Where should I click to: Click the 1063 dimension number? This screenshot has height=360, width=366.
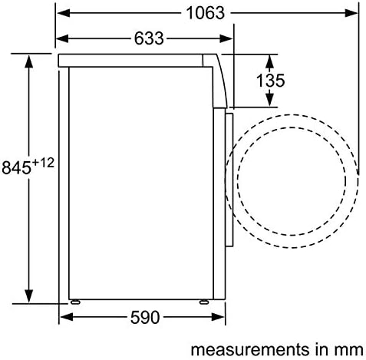pyautogui.click(x=206, y=13)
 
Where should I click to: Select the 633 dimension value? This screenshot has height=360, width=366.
pyautogui.click(x=149, y=38)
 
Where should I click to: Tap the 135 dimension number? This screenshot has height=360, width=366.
pyautogui.click(x=270, y=81)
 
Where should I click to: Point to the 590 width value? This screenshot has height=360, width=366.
pyautogui.click(x=145, y=318)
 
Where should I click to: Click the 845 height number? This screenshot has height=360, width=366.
pyautogui.click(x=16, y=168)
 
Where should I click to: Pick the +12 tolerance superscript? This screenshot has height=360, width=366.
pyautogui.click(x=44, y=163)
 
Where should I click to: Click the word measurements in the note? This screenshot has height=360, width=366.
pyautogui.click(x=249, y=349)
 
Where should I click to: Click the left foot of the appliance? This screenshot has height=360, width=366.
pyautogui.click(x=75, y=302)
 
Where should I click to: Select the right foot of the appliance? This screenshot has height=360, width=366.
pyautogui.click(x=204, y=302)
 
